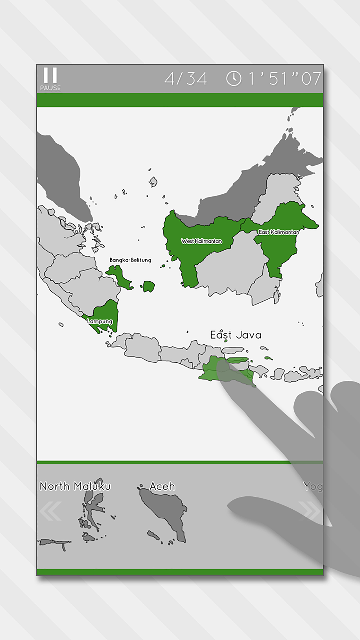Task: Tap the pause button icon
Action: click(x=50, y=75)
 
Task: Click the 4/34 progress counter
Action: click(x=186, y=79)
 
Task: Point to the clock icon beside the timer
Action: click(x=234, y=79)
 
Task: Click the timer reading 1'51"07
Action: click(x=284, y=79)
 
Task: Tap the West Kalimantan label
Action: click(x=202, y=241)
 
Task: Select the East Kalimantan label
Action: click(x=279, y=232)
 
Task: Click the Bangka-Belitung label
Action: click(x=130, y=260)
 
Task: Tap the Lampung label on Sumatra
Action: click(x=100, y=321)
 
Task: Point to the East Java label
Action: click(x=236, y=335)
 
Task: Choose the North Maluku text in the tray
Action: click(x=75, y=486)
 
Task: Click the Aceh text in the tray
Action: click(x=162, y=486)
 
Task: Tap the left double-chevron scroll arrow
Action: click(x=50, y=511)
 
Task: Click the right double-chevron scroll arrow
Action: click(x=310, y=511)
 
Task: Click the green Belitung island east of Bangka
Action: click(x=149, y=286)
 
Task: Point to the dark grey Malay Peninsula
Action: click(x=63, y=173)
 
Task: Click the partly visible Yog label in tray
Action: click(x=313, y=487)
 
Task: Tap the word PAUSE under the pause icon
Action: click(x=50, y=88)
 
